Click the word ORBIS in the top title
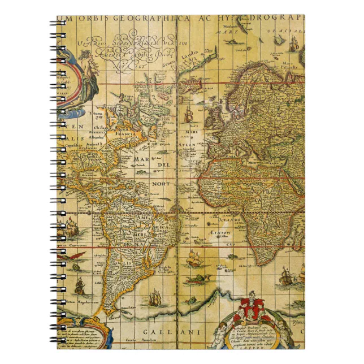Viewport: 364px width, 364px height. (x=95, y=19)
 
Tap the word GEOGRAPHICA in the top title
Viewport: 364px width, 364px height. (x=140, y=19)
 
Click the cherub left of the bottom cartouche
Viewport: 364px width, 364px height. (x=220, y=333)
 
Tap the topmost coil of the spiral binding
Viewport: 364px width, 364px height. (x=58, y=23)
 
